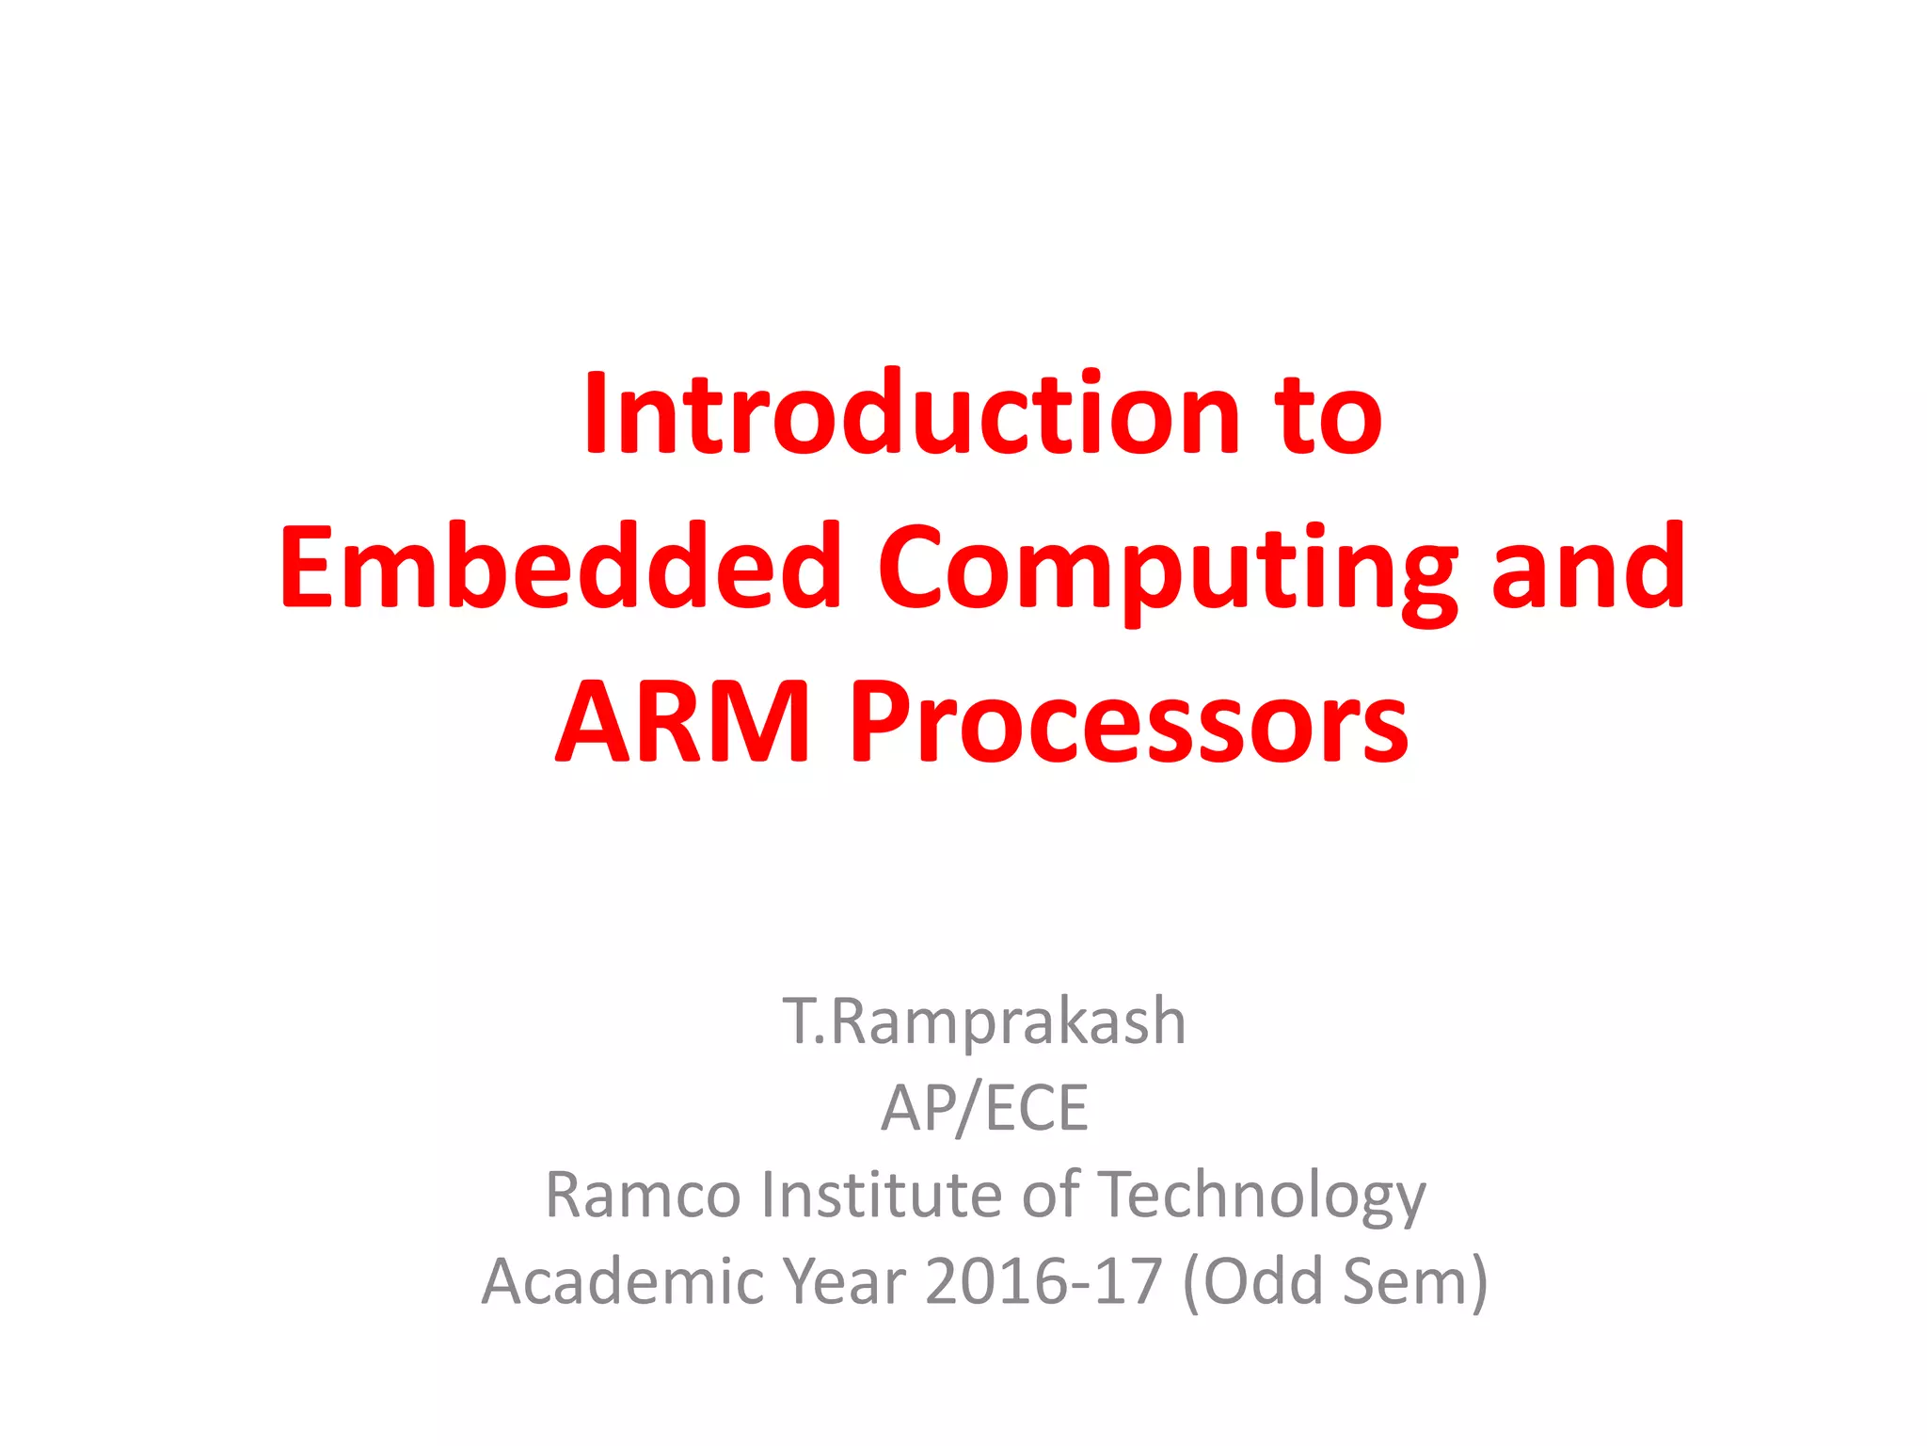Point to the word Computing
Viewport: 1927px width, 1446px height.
1167,570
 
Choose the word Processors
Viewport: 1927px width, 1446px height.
1128,723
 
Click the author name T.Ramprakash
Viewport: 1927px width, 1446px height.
983,1021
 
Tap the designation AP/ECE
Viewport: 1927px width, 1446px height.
984,1108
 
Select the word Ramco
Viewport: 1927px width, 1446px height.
644,1195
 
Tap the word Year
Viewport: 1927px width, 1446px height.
844,1282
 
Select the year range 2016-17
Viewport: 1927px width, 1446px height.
1043,1282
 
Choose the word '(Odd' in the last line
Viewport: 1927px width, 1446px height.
1252,1282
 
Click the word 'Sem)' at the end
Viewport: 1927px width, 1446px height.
1415,1282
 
